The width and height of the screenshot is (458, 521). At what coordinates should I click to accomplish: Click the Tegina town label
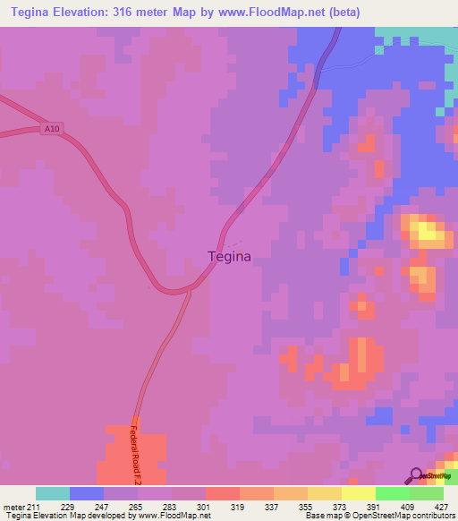[x=229, y=256]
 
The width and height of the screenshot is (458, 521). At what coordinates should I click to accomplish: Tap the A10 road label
[x=53, y=129]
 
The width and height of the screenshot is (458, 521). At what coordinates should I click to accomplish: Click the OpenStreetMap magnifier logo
[x=417, y=476]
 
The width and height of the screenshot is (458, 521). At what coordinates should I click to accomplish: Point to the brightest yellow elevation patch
[x=428, y=234]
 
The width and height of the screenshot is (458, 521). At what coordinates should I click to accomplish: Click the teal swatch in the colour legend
[x=53, y=493]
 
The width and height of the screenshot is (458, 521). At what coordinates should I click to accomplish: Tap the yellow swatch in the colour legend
[x=358, y=493]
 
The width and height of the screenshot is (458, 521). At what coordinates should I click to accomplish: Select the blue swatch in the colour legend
[x=87, y=493]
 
